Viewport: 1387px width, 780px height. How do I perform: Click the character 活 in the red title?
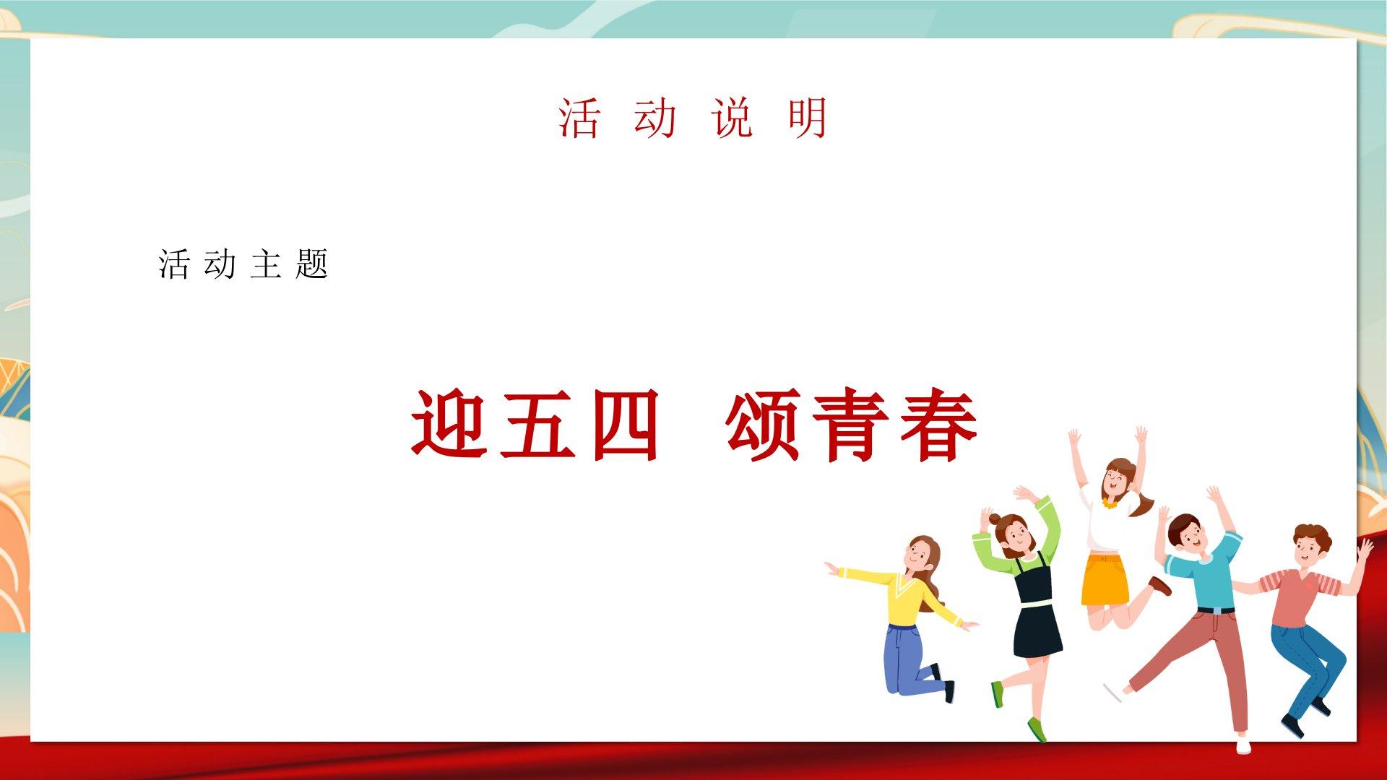[579, 118]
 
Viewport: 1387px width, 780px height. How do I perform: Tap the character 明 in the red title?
[808, 118]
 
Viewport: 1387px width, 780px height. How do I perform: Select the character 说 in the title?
[733, 118]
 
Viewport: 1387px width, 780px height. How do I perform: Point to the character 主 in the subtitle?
[266, 264]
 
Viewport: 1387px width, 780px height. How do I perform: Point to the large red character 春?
[939, 425]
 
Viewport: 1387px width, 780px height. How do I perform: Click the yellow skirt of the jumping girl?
[1104, 578]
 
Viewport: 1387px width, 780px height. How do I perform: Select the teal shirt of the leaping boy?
[1205, 574]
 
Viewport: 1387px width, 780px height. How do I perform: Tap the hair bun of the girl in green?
[995, 519]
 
